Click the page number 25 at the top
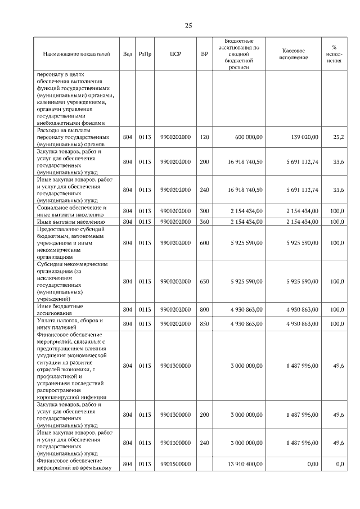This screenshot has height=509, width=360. coord(188,25)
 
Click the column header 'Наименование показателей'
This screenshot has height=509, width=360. coord(76,54)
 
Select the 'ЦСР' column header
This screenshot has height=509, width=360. coord(175,54)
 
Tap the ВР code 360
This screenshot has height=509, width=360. coord(204,222)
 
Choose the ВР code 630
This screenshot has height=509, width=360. coord(204,281)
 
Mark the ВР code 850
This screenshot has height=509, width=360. coord(204,324)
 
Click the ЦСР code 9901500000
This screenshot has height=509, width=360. coord(175,463)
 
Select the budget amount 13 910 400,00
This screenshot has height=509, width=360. coord(245,463)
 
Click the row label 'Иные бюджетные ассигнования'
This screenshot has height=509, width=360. coord(60,309)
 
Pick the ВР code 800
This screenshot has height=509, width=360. coord(204,309)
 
